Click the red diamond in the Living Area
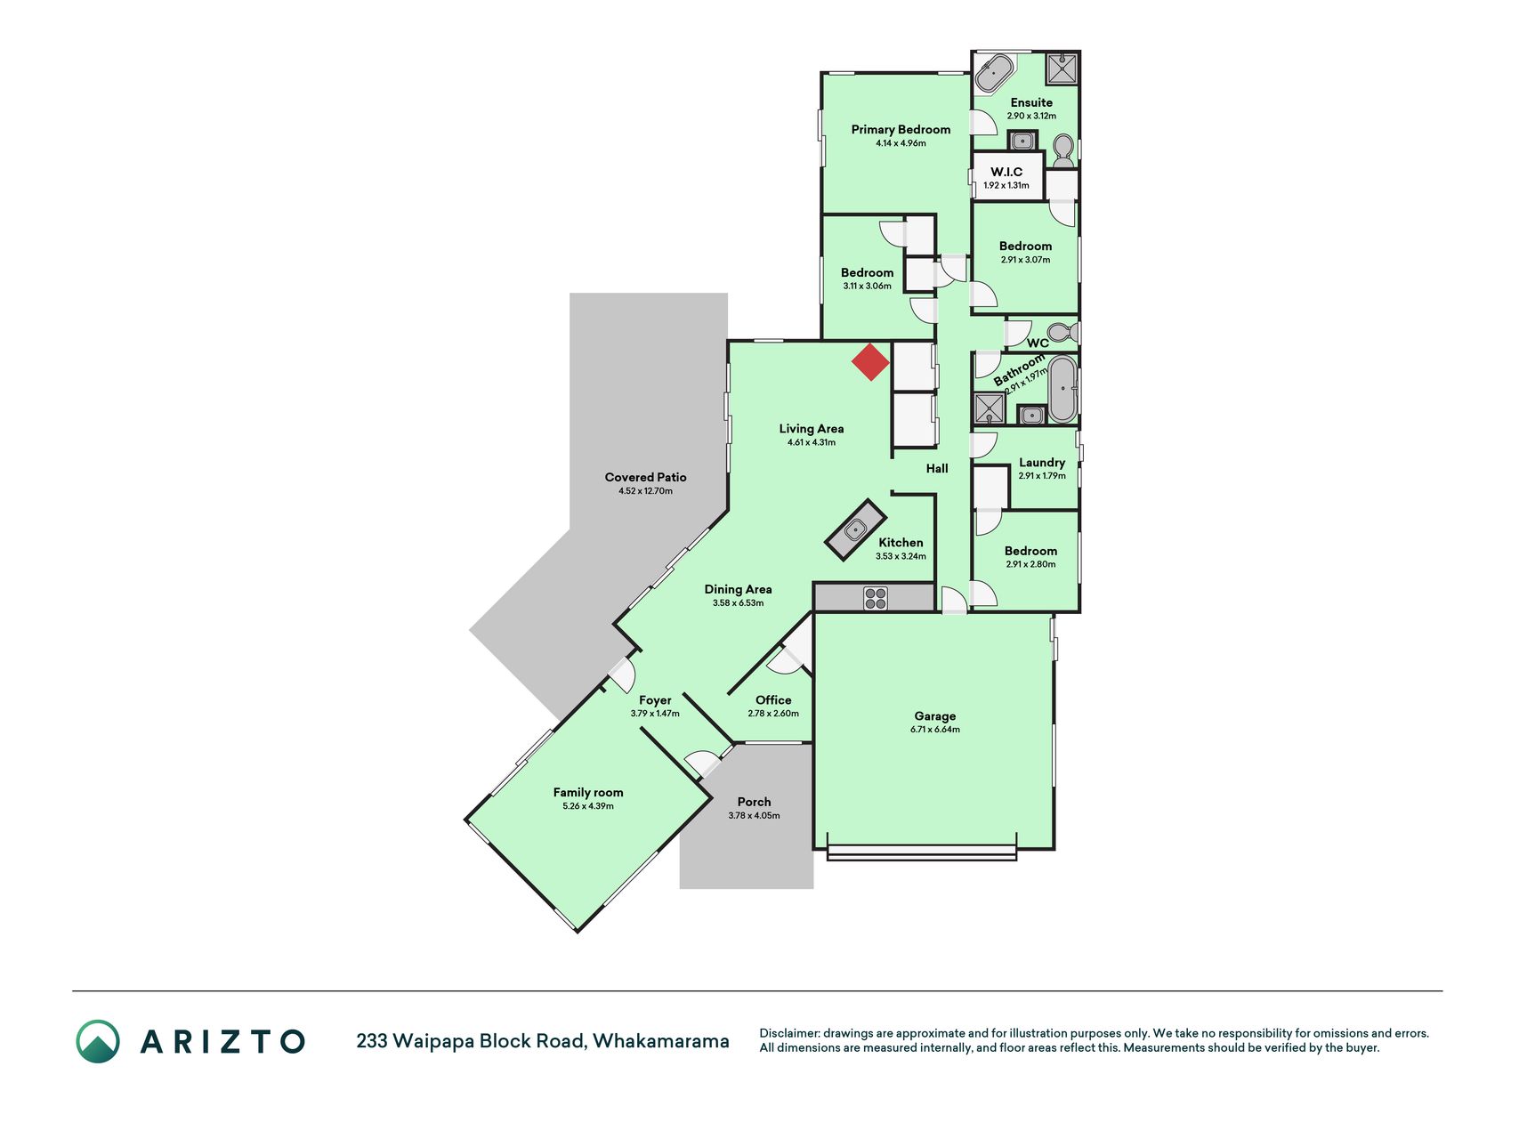870,362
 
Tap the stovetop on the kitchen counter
875,598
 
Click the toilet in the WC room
1062,333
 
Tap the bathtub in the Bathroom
1062,389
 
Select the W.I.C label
1006,172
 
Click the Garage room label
935,715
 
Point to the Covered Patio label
645,477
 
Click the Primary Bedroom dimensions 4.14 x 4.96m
901,143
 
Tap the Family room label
588,792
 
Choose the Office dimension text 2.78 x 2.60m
773,714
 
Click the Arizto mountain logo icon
98,1041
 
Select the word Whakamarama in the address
661,1041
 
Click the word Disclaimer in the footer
788,1033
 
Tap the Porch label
754,802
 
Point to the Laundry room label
1042,463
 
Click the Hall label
937,468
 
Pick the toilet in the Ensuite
1062,150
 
